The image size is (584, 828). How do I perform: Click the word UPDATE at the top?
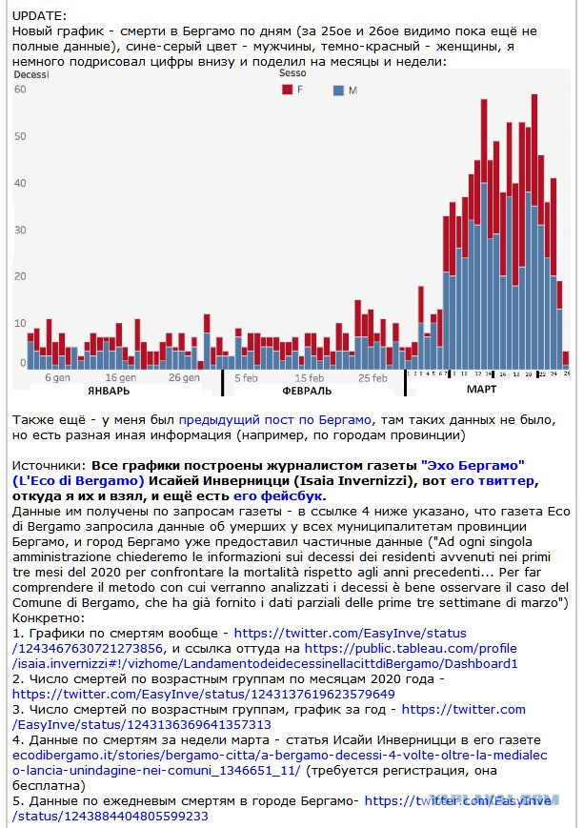[x=40, y=16]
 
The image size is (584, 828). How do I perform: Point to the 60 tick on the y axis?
[x=20, y=90]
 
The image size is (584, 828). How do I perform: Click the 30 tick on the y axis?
[x=20, y=230]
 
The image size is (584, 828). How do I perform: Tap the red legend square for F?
[x=288, y=90]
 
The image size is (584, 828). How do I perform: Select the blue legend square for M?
[x=338, y=91]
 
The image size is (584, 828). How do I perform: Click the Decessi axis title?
[x=31, y=74]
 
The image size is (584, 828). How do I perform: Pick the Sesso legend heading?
[x=292, y=73]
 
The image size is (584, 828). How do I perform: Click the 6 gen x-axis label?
[x=57, y=377]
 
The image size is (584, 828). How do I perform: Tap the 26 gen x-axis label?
[x=184, y=377]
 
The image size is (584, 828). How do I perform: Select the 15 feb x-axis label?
[x=310, y=378]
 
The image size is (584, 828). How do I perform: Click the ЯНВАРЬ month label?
[x=109, y=391]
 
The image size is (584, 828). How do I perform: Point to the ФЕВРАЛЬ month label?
[x=307, y=391]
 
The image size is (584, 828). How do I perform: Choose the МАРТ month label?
[x=481, y=389]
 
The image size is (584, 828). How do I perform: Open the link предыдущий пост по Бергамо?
[x=275, y=420]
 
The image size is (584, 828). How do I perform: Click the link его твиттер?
[x=493, y=481]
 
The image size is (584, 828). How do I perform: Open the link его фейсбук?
[x=278, y=496]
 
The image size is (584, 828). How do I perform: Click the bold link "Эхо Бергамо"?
[x=473, y=466]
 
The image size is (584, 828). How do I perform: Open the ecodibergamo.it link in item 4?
[x=280, y=763]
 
